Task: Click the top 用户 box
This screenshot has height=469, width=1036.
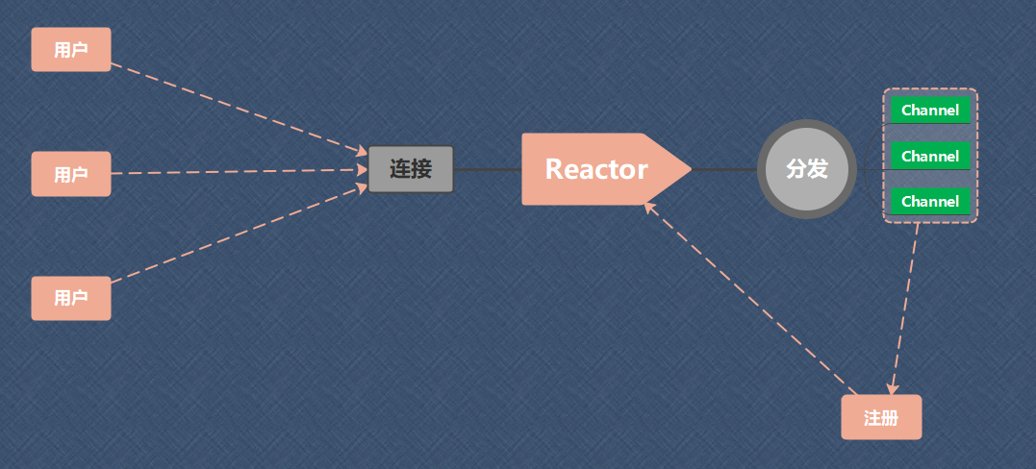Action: [x=71, y=49]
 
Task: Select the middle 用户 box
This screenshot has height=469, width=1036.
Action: [x=71, y=174]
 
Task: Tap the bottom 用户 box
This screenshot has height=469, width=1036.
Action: [x=71, y=298]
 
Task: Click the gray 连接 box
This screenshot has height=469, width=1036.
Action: [x=411, y=169]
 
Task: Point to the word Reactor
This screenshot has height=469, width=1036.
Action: [x=596, y=169]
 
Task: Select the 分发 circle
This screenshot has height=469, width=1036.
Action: [x=806, y=169]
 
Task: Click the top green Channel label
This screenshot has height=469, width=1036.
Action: [x=930, y=111]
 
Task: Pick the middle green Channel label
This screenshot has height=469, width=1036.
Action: [x=930, y=156]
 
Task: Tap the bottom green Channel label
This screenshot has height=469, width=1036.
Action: [x=930, y=201]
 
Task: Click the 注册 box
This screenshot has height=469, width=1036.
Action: [x=881, y=417]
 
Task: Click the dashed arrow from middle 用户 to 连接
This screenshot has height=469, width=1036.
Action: [x=240, y=172]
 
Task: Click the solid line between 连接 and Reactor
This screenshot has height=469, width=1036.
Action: [x=487, y=170]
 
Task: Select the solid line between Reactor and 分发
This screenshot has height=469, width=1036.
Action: [x=723, y=170]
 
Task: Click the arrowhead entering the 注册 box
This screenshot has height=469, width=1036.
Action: [x=893, y=387]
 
